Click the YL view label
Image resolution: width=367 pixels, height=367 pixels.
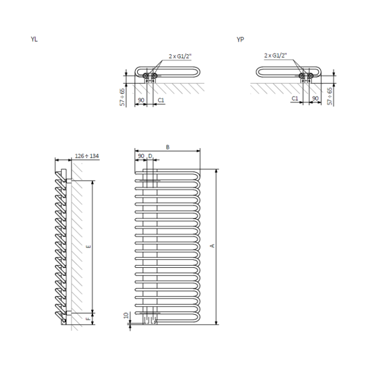tap(34, 39)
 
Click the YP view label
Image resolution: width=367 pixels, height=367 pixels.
tap(240, 40)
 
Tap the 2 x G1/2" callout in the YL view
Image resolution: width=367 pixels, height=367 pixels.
tap(180, 56)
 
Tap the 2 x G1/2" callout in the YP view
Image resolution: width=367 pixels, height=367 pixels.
tap(275, 55)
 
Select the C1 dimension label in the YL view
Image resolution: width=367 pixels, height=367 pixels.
tap(161, 100)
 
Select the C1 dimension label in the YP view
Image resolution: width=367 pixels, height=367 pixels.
tap(295, 98)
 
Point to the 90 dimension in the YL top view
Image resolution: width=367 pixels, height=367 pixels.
tap(141, 100)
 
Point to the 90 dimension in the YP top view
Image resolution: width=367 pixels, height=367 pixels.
tap(315, 98)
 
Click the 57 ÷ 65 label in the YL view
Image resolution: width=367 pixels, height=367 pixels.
tap(122, 97)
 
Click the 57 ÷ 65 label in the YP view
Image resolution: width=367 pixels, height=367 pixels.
tap(329, 96)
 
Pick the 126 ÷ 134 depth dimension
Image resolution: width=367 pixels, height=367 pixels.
tap(87, 156)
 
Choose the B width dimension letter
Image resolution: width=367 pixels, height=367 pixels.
tap(167, 147)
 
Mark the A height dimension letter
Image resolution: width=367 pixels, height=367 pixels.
tap(212, 246)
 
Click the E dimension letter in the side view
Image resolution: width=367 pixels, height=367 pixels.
tap(88, 246)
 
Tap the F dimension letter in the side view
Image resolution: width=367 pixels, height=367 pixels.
tap(88, 319)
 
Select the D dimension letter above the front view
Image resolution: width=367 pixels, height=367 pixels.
tap(150, 156)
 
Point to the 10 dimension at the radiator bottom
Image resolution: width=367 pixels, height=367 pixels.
tap(127, 315)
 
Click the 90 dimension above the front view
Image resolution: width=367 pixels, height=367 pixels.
tap(141, 156)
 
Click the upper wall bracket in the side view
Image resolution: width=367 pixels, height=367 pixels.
tap(69, 181)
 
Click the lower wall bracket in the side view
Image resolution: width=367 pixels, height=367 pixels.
tap(69, 313)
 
